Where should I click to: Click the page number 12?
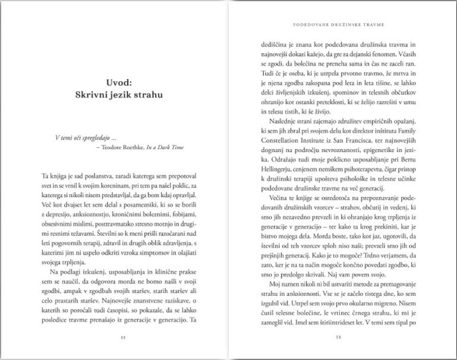point(337,338)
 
